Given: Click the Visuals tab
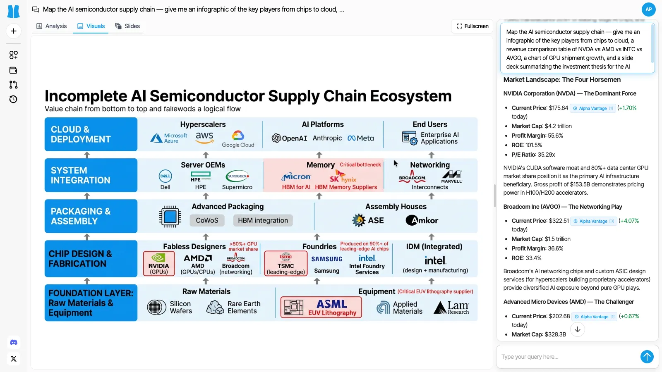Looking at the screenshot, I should (x=91, y=26).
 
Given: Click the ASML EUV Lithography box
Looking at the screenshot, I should (x=321, y=307).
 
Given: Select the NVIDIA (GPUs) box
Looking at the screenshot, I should (x=159, y=263).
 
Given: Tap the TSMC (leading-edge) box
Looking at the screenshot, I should (x=286, y=263).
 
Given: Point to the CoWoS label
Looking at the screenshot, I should (x=207, y=220).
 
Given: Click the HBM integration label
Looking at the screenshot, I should (x=263, y=220).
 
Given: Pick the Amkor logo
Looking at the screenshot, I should (x=422, y=220).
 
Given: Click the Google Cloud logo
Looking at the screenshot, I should (x=238, y=139).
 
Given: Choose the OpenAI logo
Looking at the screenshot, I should (x=290, y=138).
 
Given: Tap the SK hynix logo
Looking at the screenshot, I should (x=343, y=177).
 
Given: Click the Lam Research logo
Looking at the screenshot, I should (x=451, y=307).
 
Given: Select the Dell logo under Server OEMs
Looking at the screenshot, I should (x=165, y=176).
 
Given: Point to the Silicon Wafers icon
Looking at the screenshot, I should (x=157, y=307).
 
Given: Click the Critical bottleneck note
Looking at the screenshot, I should (x=360, y=165).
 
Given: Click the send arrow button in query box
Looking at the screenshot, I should (x=647, y=356).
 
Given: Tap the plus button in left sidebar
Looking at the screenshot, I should (x=14, y=31).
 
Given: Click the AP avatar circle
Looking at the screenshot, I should (x=648, y=9).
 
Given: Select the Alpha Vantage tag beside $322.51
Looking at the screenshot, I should (x=593, y=221).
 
